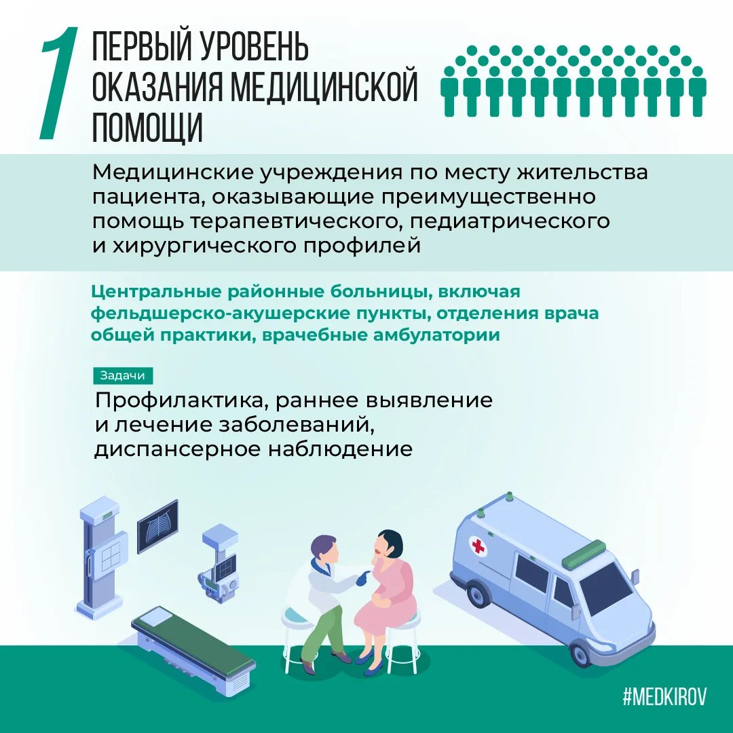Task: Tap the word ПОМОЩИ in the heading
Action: (147, 126)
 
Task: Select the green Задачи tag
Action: (122, 375)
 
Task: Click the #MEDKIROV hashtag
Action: (664, 696)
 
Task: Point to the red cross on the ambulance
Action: (478, 546)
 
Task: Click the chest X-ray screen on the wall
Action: (157, 527)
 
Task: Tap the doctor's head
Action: (324, 549)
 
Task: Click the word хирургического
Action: (206, 246)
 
